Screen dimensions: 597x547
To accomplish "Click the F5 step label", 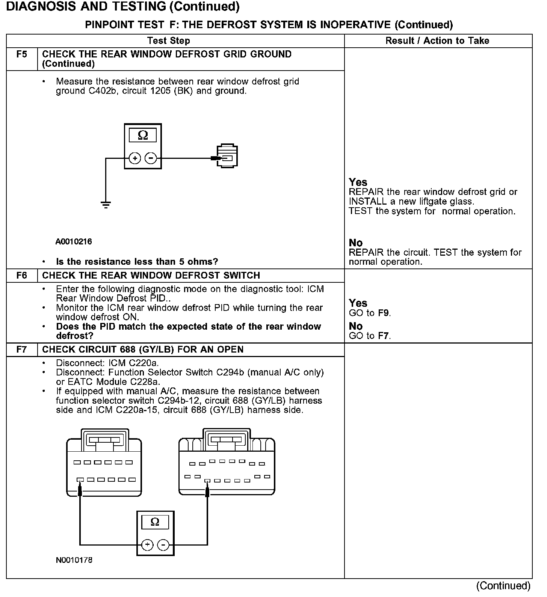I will point(22,54).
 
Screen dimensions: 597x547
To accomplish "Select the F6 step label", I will point(22,276).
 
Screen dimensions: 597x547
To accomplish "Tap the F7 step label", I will point(22,350).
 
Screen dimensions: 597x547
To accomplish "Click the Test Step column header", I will point(168,41).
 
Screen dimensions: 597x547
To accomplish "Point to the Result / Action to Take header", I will point(437,41).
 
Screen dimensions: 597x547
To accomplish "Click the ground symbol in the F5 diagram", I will point(106,205).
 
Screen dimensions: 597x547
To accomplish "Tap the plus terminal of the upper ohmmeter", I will point(135,158).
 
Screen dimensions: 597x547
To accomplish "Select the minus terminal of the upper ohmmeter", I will point(151,158).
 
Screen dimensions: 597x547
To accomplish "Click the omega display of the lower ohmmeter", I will point(155,522).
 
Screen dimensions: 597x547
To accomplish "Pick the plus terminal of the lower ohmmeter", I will point(147,545).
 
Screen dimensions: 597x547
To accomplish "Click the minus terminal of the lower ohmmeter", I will point(163,545).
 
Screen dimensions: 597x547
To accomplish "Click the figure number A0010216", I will point(74,241).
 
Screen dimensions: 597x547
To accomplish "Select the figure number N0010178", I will point(74,560).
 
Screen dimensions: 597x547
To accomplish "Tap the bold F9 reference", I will point(384,313).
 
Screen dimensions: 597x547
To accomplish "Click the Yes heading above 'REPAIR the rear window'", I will point(358,182).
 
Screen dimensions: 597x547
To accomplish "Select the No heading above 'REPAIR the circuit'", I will point(355,243).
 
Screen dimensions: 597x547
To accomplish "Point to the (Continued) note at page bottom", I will point(503,586).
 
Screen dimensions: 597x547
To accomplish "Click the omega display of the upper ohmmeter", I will point(143,135).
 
